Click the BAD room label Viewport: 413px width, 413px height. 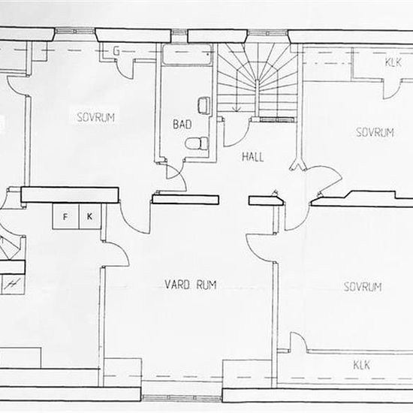point(182,125)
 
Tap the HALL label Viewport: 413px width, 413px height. point(252,157)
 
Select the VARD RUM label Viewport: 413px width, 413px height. point(191,285)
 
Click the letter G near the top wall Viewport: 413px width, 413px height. point(116,51)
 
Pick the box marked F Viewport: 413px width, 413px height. point(65,217)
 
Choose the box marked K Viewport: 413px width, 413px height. point(90,216)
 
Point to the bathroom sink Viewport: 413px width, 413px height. point(203,105)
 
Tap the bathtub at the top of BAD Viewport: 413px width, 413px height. point(187,54)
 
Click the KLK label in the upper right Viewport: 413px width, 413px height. point(393,62)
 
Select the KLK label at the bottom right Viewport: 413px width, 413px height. point(361,366)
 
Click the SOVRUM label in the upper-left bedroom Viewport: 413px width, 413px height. point(95,117)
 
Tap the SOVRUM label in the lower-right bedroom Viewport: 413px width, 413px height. point(363,287)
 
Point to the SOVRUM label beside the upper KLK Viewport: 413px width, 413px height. point(375,132)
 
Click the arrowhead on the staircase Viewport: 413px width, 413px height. point(237,109)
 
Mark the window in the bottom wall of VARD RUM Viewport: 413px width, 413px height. point(182,397)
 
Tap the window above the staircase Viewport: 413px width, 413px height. point(267,33)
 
